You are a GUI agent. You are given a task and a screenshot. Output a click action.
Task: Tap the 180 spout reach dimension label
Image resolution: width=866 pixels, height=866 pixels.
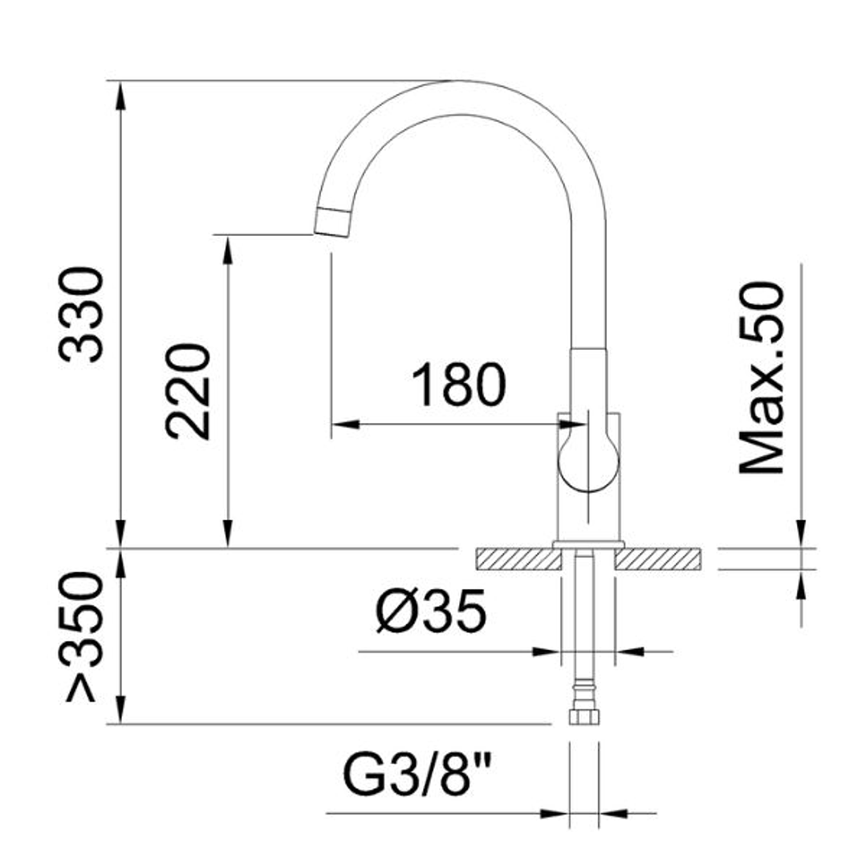click(x=459, y=384)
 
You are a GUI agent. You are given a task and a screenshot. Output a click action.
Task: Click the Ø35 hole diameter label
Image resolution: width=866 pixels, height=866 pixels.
click(x=431, y=611)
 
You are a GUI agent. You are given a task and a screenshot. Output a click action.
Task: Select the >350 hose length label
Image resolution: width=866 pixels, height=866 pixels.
click(x=84, y=636)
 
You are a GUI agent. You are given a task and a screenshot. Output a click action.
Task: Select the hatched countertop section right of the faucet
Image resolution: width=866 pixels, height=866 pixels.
click(x=658, y=559)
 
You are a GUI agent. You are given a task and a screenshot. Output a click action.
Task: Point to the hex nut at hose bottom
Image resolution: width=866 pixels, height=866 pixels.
click(x=583, y=717)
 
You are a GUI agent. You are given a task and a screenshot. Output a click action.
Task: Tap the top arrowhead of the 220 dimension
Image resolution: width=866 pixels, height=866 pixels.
click(x=228, y=249)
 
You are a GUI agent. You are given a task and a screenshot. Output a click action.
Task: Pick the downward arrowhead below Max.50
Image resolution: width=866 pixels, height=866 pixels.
click(x=800, y=533)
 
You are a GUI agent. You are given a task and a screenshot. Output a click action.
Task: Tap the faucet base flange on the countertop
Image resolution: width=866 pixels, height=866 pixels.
click(x=589, y=545)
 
